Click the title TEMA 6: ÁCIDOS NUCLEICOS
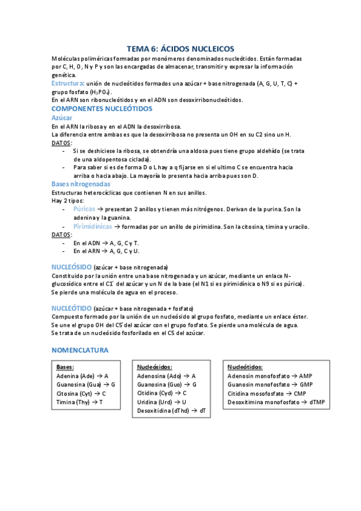[180, 49]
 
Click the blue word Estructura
[67, 83]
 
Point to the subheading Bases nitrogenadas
[81, 184]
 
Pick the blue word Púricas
[85, 208]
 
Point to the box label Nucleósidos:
[154, 366]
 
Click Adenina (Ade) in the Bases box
[75, 375]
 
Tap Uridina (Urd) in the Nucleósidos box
[154, 401]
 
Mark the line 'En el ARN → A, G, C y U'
[106, 251]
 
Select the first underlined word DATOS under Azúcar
[61, 143]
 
